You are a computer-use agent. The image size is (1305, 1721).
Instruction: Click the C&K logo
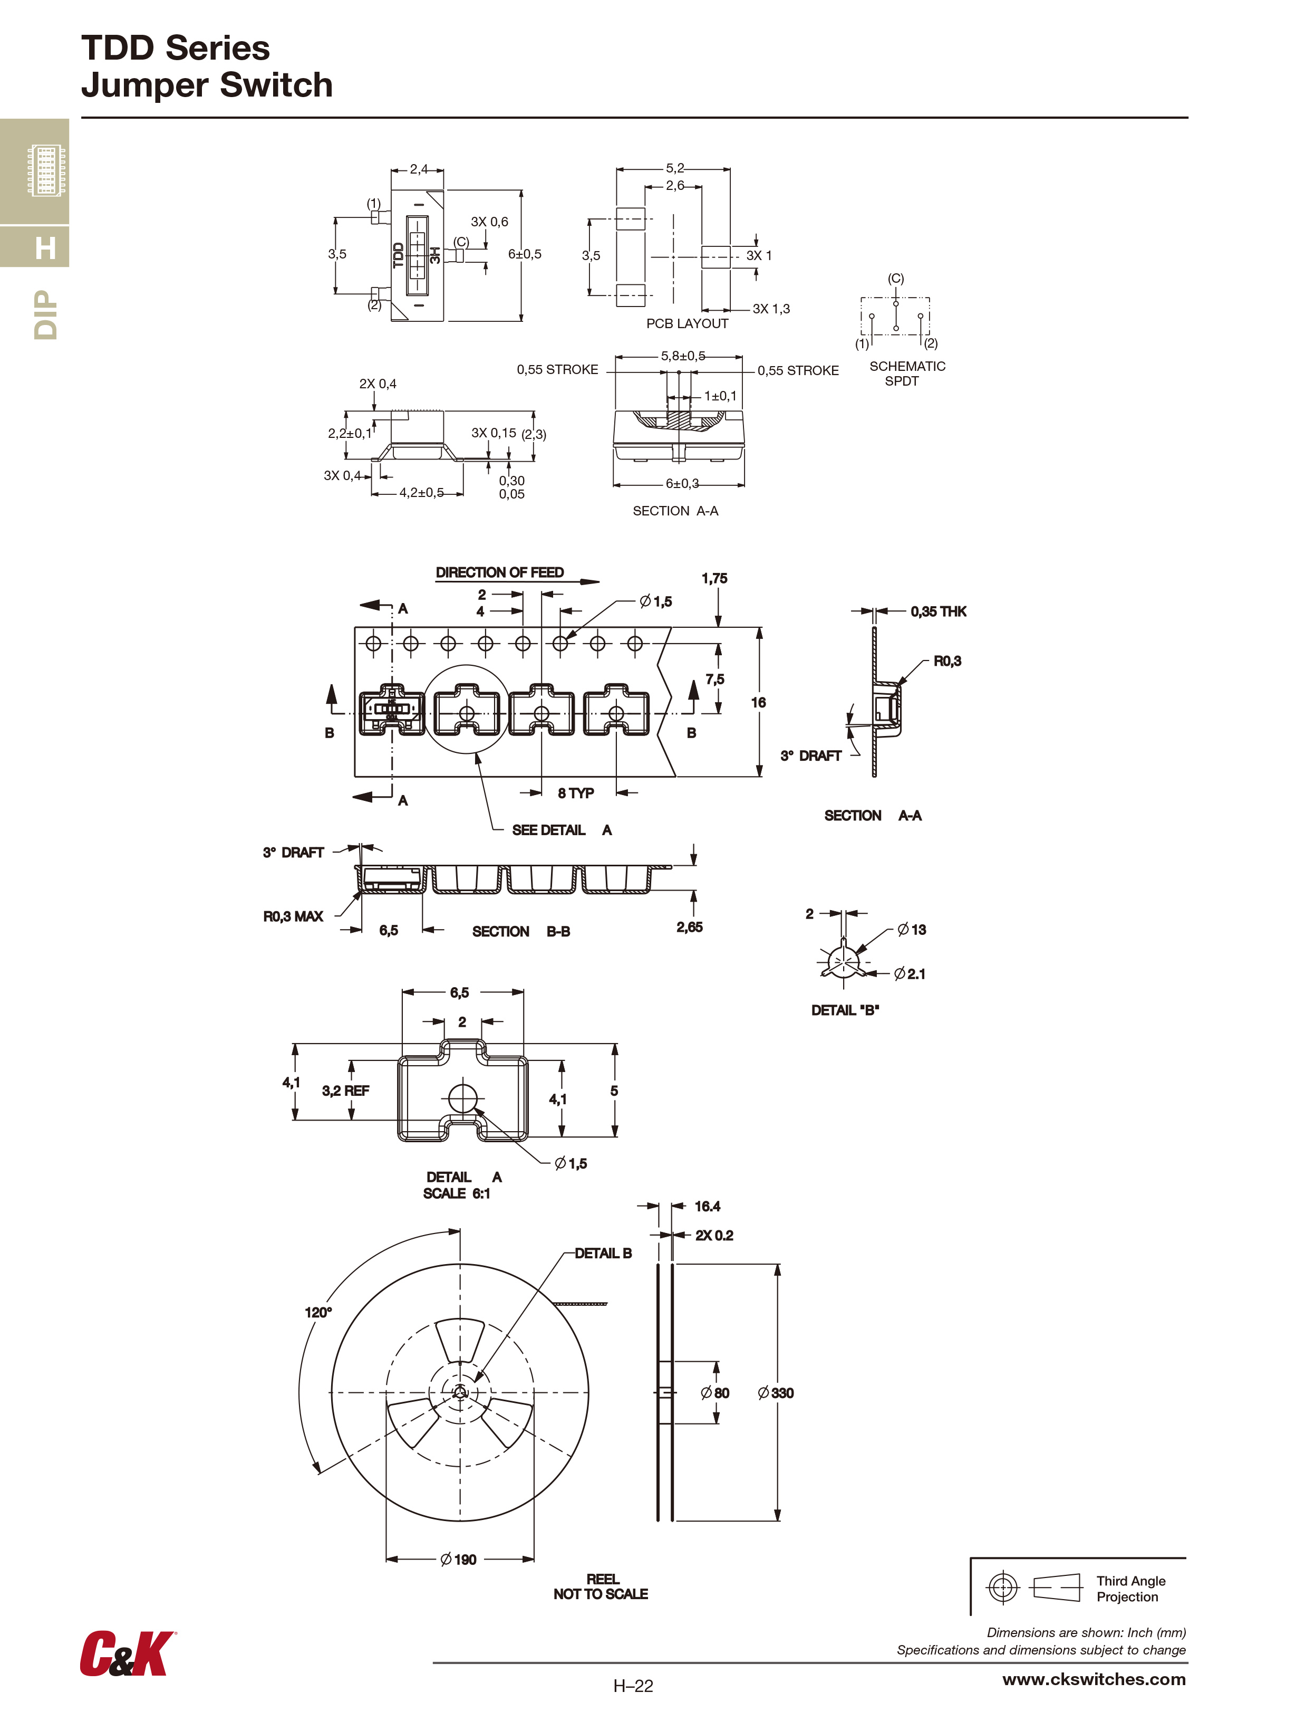pos(127,1653)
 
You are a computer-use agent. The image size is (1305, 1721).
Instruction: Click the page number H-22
pos(633,1686)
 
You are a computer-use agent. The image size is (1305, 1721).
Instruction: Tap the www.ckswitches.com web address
pos(1094,1679)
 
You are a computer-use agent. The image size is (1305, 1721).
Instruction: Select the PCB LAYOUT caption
pos(687,323)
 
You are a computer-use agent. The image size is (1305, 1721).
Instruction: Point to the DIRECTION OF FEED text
pos(499,572)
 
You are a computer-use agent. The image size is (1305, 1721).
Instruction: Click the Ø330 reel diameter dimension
pos(776,1393)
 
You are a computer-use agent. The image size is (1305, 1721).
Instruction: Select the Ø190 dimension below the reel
pos(458,1559)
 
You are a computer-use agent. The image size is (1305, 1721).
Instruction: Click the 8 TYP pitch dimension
pos(575,793)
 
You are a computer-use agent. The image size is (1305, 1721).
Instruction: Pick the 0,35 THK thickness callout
pos(938,611)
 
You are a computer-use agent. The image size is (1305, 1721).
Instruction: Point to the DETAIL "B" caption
pos(845,1010)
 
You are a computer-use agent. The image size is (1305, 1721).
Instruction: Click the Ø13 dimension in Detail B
pos(912,930)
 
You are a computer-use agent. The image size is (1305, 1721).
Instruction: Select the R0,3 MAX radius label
pos(293,916)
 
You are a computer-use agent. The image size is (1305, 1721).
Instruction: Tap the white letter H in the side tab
pos(45,248)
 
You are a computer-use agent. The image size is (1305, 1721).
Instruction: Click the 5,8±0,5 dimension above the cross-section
pos(683,356)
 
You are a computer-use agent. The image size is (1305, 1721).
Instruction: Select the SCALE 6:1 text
pos(457,1193)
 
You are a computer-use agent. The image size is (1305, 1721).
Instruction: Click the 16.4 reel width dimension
pos(707,1207)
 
